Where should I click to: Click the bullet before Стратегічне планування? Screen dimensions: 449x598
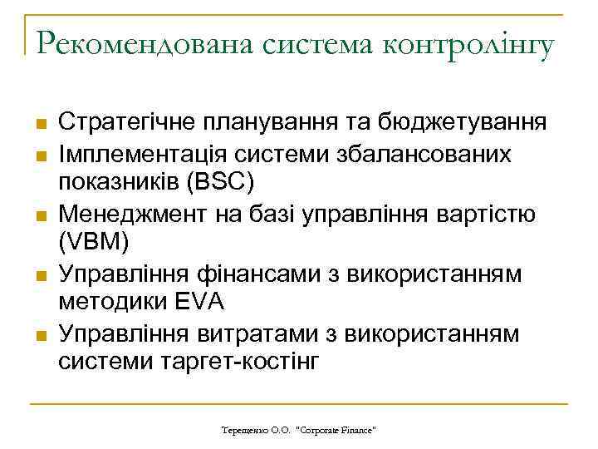pos(39,126)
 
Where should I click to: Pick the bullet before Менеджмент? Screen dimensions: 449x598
pos(39,216)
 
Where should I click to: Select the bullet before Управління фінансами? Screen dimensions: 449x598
pos(39,275)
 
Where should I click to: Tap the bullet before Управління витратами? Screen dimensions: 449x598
pos(39,334)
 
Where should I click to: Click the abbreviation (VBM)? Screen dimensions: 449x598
pos(94,241)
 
